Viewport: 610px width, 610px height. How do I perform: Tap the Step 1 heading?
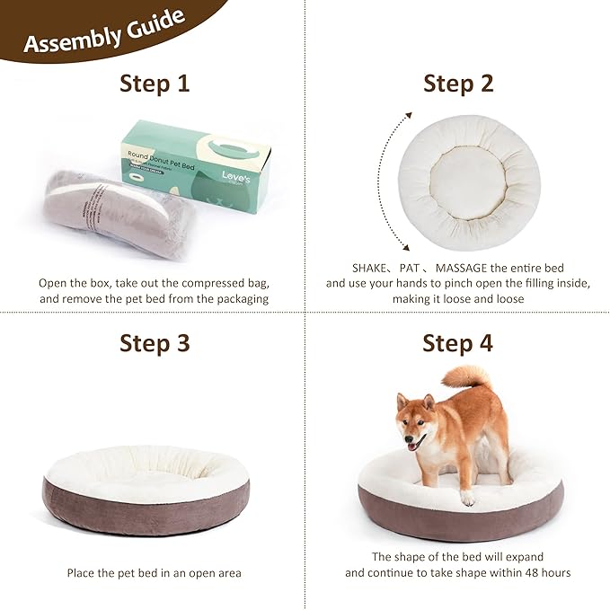tap(155, 84)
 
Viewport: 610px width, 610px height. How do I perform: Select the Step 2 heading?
tap(458, 84)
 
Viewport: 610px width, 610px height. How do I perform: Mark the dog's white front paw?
tap(467, 497)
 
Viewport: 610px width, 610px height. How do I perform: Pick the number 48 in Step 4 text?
tap(528, 572)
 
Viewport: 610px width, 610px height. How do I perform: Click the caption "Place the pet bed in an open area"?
tap(155, 572)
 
